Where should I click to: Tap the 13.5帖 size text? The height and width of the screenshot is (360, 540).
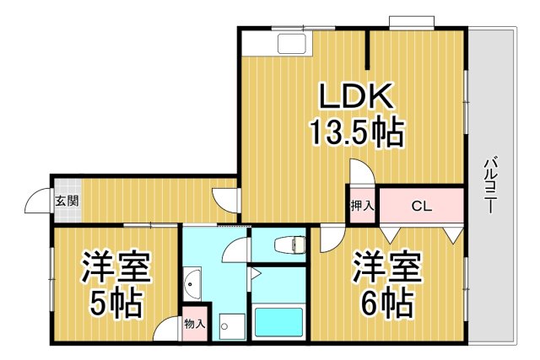click(354, 132)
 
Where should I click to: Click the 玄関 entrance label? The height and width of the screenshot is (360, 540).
click(67, 201)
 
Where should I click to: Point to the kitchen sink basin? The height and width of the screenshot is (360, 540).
click(292, 45)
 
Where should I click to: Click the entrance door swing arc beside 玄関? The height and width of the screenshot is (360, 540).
click(37, 202)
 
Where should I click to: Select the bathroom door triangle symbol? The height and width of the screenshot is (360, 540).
click(252, 275)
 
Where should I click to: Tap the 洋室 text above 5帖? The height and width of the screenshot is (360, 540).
click(116, 267)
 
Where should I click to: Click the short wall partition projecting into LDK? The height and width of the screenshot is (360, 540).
click(368, 50)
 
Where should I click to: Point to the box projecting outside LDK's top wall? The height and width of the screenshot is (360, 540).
click(412, 21)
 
